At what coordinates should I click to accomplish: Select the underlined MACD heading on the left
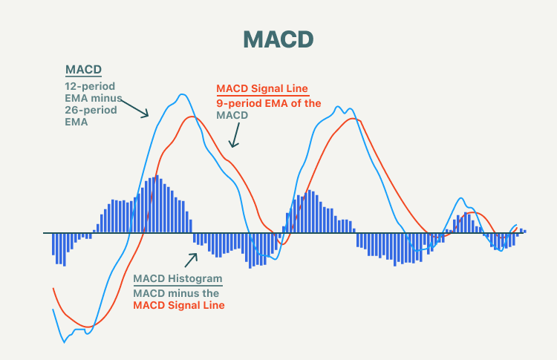tap(82, 71)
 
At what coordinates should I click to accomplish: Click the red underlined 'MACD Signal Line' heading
tap(261, 89)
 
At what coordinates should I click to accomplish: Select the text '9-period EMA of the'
tap(268, 103)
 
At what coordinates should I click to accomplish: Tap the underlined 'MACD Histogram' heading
tap(177, 279)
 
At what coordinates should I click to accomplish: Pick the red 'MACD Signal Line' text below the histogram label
tap(178, 305)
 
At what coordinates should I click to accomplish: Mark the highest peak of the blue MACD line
tap(182, 94)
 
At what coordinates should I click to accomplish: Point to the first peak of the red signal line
tap(192, 117)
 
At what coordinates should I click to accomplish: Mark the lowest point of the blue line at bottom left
tap(63, 342)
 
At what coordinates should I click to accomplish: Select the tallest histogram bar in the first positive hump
tap(156, 177)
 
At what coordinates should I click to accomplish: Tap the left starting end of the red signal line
tap(53, 288)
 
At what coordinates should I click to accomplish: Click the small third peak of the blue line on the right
tap(461, 199)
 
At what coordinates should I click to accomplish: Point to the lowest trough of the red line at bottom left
tap(88, 326)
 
